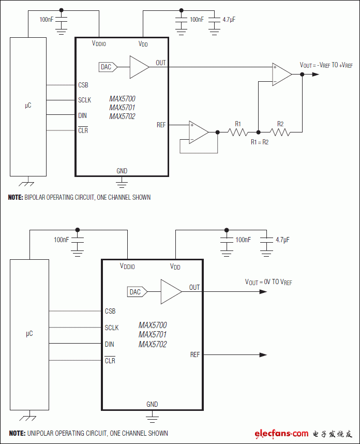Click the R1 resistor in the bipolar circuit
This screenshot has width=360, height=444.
pyautogui.click(x=238, y=132)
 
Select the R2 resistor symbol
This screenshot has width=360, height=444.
pyautogui.click(x=280, y=132)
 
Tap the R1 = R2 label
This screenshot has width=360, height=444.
pyautogui.click(x=260, y=142)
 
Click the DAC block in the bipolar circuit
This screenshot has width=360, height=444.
pyautogui.click(x=107, y=67)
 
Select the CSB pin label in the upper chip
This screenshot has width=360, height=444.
pyautogui.click(x=83, y=85)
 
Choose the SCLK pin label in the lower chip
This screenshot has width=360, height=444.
pyautogui.click(x=112, y=328)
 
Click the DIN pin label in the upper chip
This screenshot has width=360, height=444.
pyautogui.click(x=83, y=115)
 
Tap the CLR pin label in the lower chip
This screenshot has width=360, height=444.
pyautogui.click(x=110, y=361)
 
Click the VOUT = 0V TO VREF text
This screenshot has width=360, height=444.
pyautogui.click(x=268, y=282)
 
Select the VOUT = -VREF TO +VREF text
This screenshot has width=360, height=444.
pyautogui.click(x=326, y=65)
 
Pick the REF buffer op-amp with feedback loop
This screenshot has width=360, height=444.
pyautogui.click(x=198, y=132)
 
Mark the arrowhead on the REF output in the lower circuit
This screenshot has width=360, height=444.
pyautogui.click(x=263, y=354)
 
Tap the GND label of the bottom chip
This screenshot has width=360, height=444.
pyautogui.click(x=152, y=404)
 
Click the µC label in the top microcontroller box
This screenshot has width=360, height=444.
pyautogui.click(x=28, y=105)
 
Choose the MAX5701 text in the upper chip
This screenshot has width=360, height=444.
pyautogui.click(x=123, y=108)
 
